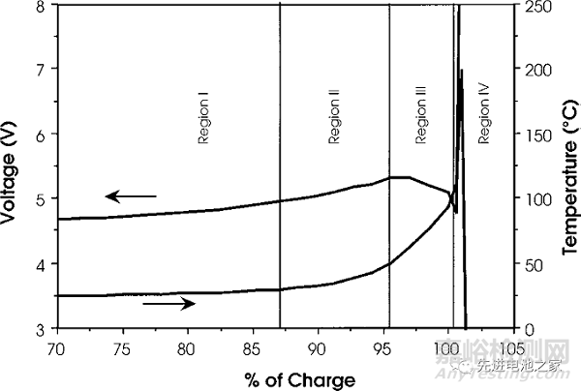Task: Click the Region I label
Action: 204,118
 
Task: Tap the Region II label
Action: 333,118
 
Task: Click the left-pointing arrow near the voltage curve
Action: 131,196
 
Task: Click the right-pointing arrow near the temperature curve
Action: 168,303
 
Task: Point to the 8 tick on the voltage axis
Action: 39,6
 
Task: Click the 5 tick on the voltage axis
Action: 39,199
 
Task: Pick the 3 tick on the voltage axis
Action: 39,329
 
